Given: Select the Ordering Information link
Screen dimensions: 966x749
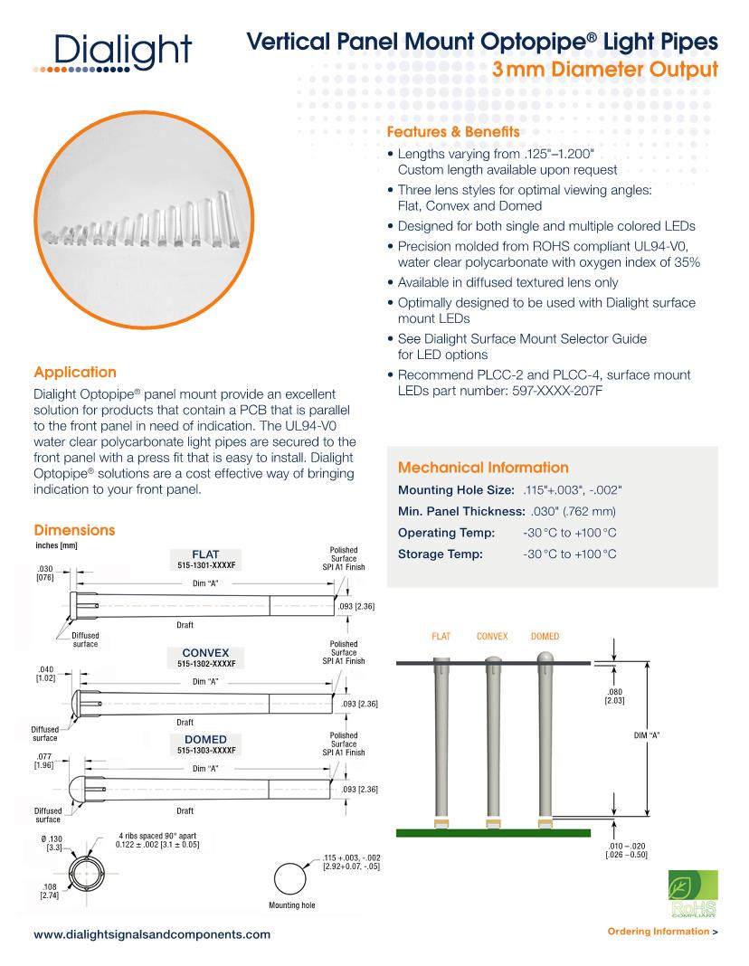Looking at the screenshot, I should pos(663,931).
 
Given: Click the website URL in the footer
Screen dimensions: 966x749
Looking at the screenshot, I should pos(151,933).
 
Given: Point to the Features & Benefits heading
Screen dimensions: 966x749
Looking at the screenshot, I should pos(453,132).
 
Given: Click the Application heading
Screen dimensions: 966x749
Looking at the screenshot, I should pos(74,372).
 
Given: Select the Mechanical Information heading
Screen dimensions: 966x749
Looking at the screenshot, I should pos(483,468).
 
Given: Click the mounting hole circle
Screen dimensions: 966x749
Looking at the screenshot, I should pos(291,878).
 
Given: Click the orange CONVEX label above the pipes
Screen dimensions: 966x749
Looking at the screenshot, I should pos(494,637).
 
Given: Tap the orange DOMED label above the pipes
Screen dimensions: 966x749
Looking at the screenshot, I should pos(545,637).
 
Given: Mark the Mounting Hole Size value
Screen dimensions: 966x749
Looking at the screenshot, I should pos(572,489).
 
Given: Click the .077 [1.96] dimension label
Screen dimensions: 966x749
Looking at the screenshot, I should pos(43,760).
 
